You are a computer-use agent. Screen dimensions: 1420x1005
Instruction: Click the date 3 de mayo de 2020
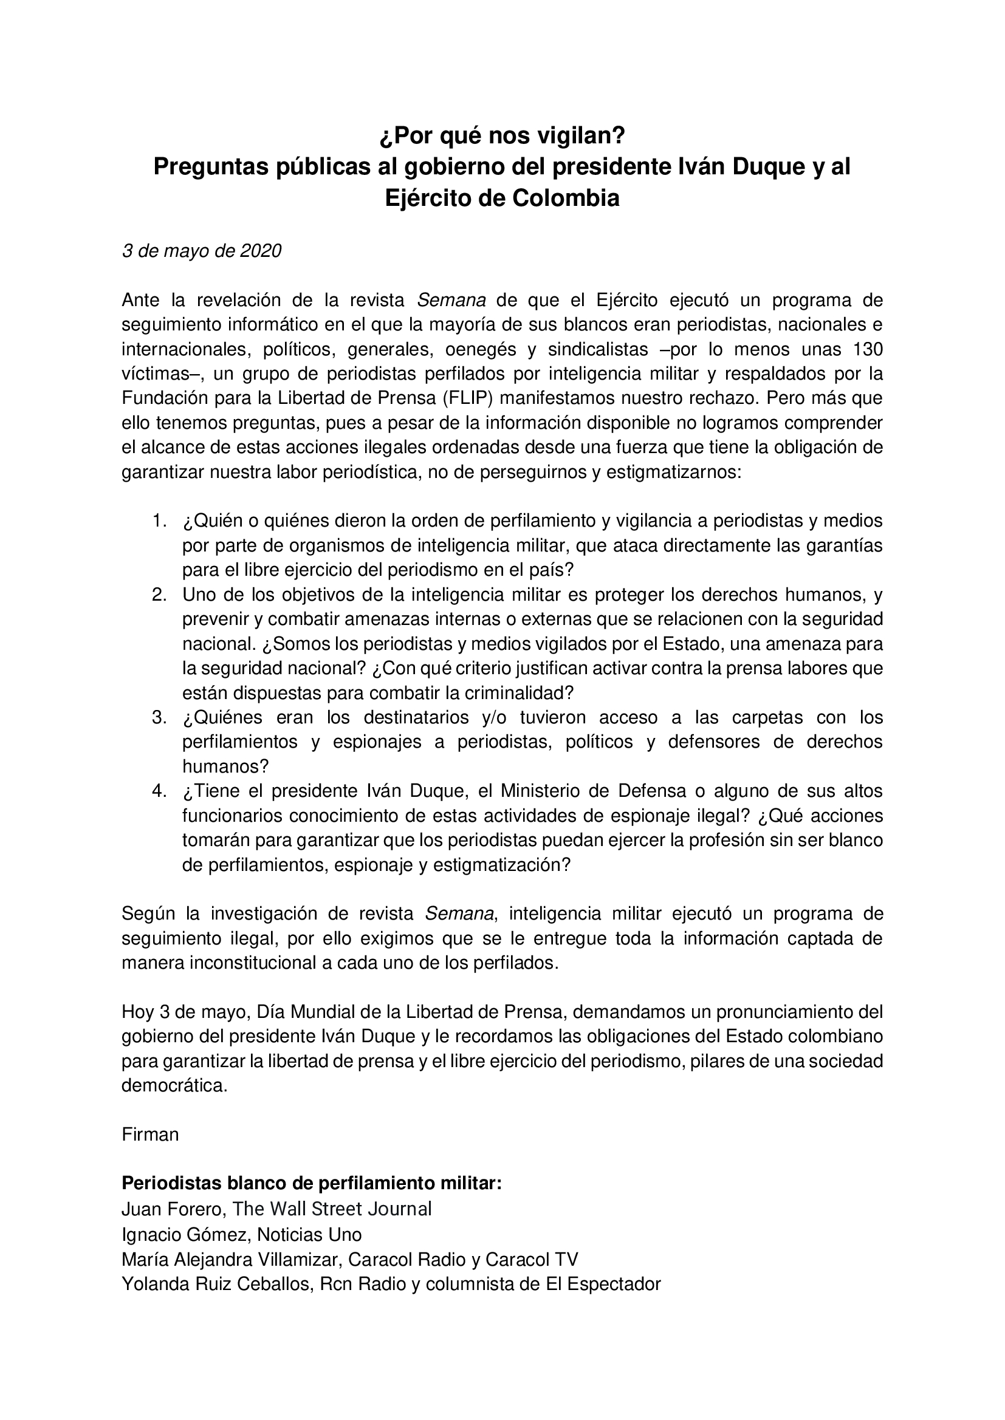click(x=201, y=250)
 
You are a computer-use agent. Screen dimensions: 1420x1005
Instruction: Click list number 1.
click(x=160, y=521)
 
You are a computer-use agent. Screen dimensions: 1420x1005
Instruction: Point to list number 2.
click(x=160, y=595)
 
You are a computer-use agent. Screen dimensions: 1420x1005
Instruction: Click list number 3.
click(x=160, y=717)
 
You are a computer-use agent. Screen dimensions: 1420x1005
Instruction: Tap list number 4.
click(x=160, y=791)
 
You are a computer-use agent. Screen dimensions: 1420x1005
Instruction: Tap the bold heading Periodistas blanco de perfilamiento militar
click(x=311, y=1183)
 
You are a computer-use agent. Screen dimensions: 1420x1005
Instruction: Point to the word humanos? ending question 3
click(x=225, y=766)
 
